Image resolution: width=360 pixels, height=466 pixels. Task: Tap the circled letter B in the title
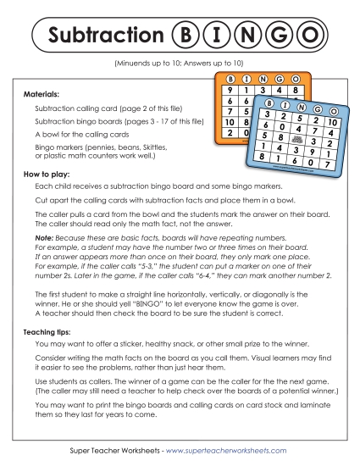coord(183,36)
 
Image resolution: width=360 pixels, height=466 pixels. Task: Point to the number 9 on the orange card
coord(228,89)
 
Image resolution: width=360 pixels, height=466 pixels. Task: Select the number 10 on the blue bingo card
coord(331,122)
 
